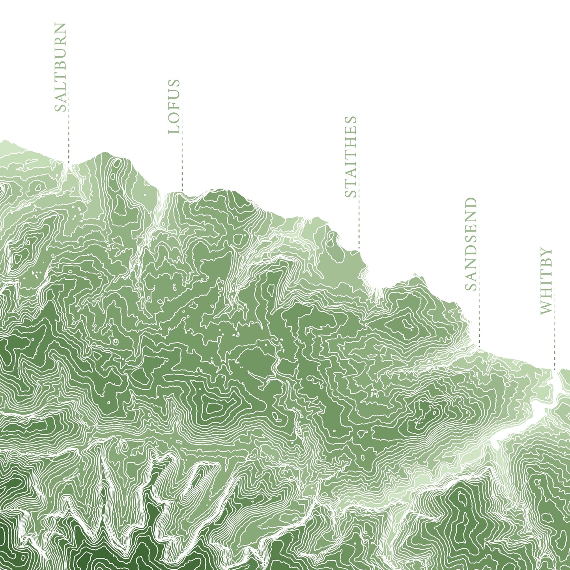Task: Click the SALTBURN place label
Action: pos(60,67)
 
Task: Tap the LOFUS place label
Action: pos(174,107)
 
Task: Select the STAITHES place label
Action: pos(350,157)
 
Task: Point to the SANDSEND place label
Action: pos(471,244)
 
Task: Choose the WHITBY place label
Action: pos(546,281)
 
